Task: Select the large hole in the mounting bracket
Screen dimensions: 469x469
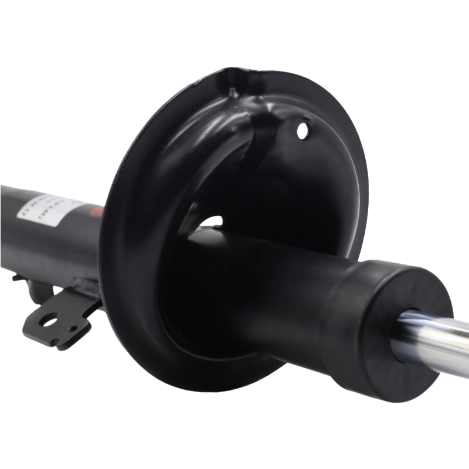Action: [49, 320]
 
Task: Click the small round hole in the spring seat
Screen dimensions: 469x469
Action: [303, 129]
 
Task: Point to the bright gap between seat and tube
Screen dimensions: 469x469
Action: [212, 222]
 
